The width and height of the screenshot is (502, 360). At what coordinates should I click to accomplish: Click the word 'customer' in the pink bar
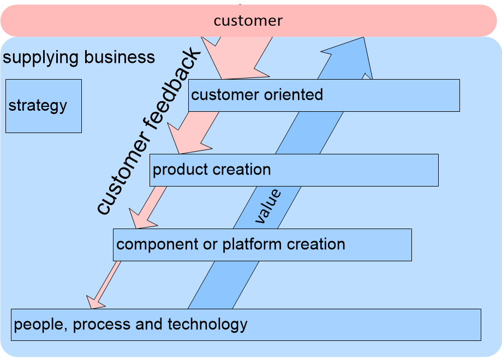248,21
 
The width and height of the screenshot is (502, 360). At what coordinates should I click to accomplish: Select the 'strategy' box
43,106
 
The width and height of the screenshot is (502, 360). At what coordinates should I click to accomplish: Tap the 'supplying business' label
79,57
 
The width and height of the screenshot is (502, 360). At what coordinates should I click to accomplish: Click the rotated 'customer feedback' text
149,131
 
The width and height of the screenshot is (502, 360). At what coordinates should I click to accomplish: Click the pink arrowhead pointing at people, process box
96,301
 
